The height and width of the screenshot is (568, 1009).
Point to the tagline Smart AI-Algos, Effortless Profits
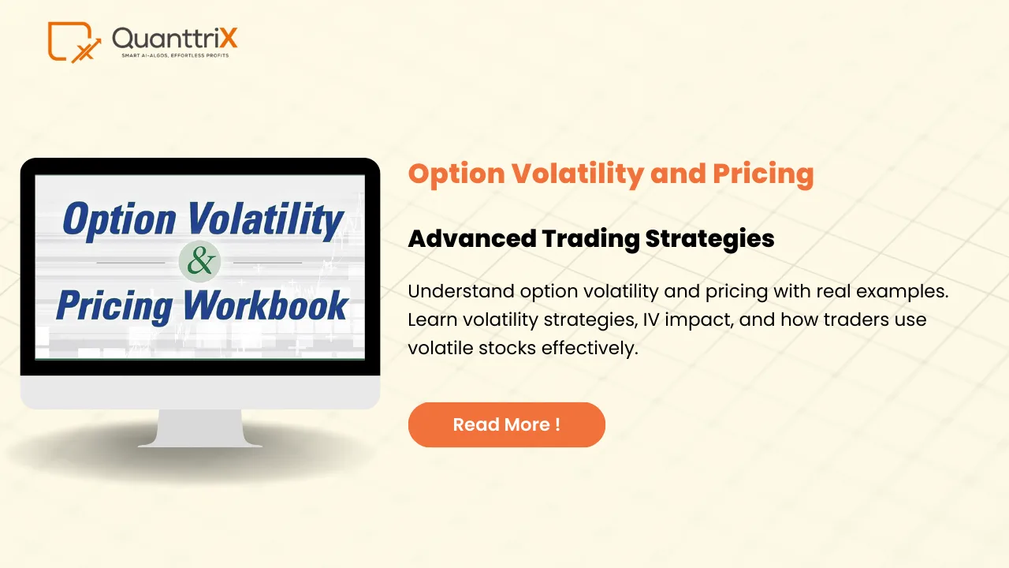174,56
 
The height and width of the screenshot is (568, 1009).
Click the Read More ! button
506,424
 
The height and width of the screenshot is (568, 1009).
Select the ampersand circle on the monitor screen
199,262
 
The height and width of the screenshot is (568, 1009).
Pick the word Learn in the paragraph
430,319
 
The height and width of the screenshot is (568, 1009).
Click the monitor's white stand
200,428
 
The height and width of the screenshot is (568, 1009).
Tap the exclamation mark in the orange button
557,424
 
